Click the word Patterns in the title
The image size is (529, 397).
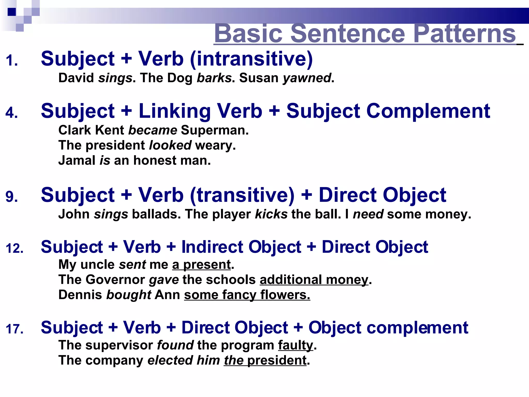pos(464,34)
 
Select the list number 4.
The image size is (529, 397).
pos(11,113)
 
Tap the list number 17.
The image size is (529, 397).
pos(14,329)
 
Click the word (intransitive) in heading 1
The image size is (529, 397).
pos(251,59)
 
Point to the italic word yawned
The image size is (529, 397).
pos(307,78)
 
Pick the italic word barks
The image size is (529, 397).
pos(214,78)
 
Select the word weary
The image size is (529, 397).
pos(215,145)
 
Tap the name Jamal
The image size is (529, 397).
pos(77,160)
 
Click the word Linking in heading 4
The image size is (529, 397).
pos(175,111)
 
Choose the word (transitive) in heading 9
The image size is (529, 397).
pos(242,195)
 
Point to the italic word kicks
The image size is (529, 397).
pos(271,214)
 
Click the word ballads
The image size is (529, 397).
pos(156,214)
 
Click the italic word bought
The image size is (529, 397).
pos(129,295)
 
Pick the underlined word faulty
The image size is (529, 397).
pos(295,345)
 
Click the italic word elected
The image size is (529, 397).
pos(170,360)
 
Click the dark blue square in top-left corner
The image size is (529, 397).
pos(12,12)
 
